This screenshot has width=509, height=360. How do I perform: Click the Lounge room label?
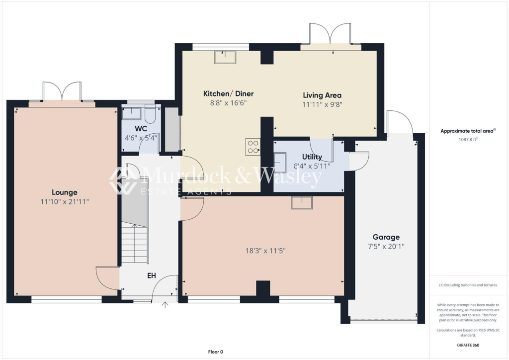pyautogui.click(x=65, y=192)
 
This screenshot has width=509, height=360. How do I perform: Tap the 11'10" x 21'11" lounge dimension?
pyautogui.click(x=65, y=201)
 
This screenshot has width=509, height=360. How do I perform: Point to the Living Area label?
pyautogui.click(x=322, y=95)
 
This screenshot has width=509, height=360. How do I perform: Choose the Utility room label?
pyautogui.click(x=312, y=157)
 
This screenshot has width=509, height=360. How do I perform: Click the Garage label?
pyautogui.click(x=386, y=237)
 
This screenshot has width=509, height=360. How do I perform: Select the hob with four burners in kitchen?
pyautogui.click(x=253, y=146)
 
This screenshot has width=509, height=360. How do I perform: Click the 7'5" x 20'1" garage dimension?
pyautogui.click(x=386, y=246)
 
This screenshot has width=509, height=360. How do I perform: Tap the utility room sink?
pyautogui.click(x=280, y=162)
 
